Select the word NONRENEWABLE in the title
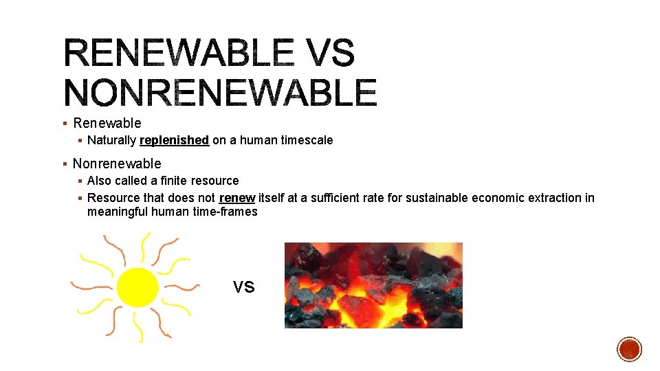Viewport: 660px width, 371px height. pyautogui.click(x=220, y=92)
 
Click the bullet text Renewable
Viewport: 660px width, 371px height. pyautogui.click(x=107, y=123)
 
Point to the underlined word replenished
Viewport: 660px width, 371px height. pyautogui.click(x=174, y=140)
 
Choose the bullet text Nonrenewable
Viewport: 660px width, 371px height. pyautogui.click(x=117, y=164)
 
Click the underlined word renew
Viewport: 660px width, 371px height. pyautogui.click(x=237, y=198)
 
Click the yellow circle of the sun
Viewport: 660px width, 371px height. pyautogui.click(x=137, y=287)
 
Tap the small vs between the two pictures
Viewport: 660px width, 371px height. pyautogui.click(x=243, y=286)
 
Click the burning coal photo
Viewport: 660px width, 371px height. pyautogui.click(x=373, y=285)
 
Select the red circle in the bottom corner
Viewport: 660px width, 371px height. pyautogui.click(x=629, y=349)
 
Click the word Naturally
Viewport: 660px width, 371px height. pyautogui.click(x=111, y=140)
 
